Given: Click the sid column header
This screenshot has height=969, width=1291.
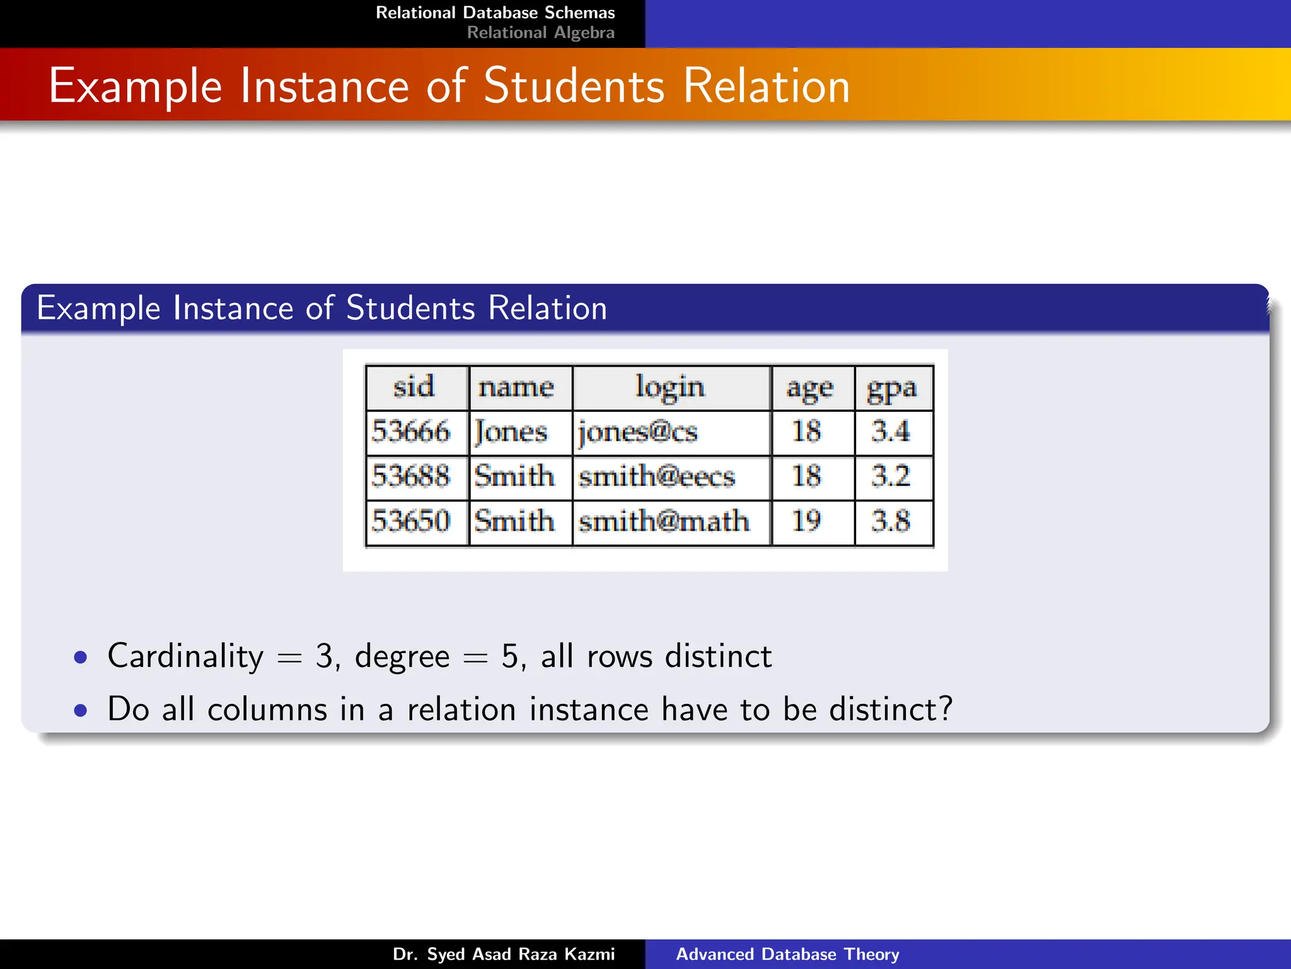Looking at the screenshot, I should [x=414, y=387].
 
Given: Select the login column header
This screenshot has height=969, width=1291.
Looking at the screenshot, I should [x=670, y=387].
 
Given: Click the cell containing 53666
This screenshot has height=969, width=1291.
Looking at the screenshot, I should [x=411, y=432].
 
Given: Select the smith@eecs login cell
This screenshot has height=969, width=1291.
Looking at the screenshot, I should [x=657, y=476].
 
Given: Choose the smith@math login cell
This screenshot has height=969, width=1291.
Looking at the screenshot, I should [x=664, y=521].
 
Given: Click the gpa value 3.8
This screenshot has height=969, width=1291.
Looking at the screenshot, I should [x=891, y=521].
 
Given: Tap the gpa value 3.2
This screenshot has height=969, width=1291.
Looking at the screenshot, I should [x=891, y=476].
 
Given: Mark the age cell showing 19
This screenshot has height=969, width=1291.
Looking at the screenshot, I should [x=806, y=521].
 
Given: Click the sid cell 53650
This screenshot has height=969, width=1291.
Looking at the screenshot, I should [x=411, y=521].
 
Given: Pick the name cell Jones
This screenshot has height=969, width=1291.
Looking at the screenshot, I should [x=511, y=432].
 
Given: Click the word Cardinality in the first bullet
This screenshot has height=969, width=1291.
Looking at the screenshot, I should [x=185, y=657].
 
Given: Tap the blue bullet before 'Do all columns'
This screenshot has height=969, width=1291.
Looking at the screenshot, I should [x=80, y=710].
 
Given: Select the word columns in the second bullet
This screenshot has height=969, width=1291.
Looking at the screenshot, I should [x=267, y=710].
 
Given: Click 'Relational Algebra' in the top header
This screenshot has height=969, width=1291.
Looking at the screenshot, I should [x=540, y=33].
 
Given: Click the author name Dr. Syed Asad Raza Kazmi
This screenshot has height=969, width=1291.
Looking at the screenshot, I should [x=503, y=954].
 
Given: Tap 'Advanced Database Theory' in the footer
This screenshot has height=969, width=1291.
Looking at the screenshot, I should [x=787, y=954].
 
